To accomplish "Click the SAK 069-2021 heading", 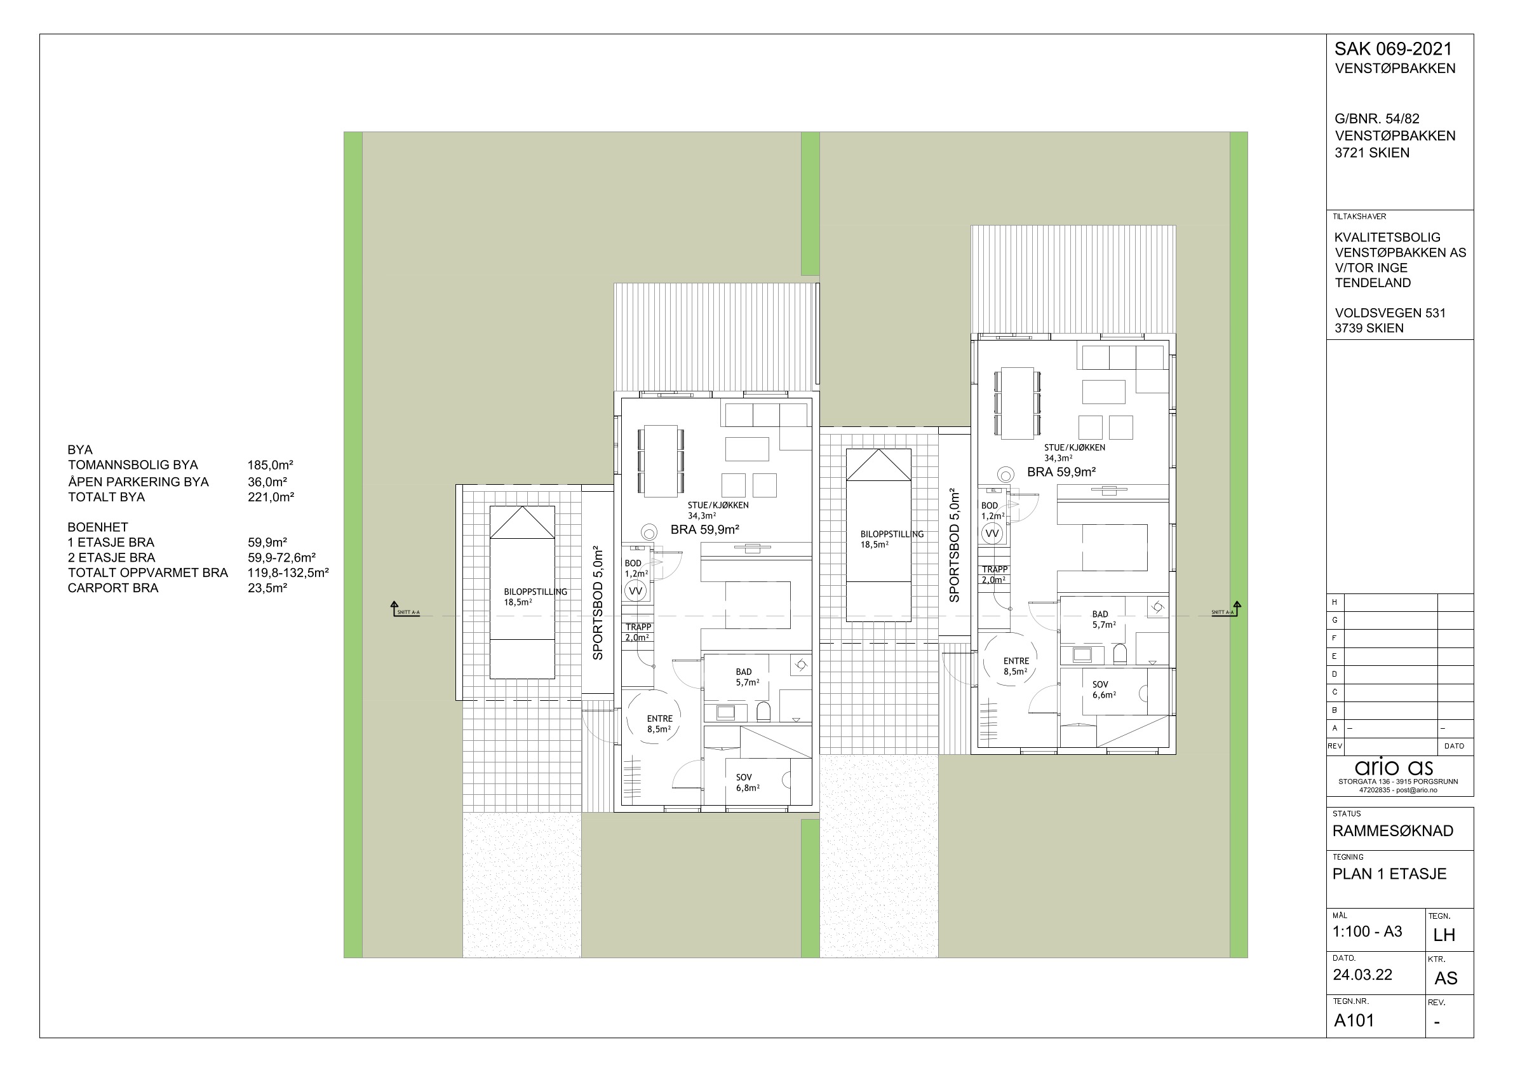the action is click(x=1393, y=49).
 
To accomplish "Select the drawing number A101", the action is click(x=1354, y=1020).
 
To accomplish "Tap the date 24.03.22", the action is click(x=1362, y=975).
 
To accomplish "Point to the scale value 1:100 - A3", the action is click(x=1368, y=931).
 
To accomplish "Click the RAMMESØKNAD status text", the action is click(x=1393, y=830).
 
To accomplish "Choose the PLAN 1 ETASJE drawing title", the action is click(x=1390, y=874).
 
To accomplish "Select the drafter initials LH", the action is click(x=1444, y=935).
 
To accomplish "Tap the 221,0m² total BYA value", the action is click(x=271, y=497).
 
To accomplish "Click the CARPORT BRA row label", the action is click(x=113, y=588).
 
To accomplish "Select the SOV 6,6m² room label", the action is click(x=1104, y=689).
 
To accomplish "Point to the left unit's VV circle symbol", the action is click(x=635, y=592).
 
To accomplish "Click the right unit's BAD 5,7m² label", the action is click(x=1104, y=619).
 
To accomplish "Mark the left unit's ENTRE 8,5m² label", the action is click(x=659, y=724).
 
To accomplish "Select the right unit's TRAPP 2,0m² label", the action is click(x=995, y=574).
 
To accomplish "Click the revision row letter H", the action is click(x=1335, y=602).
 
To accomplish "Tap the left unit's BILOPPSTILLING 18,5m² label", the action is click(x=535, y=597).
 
